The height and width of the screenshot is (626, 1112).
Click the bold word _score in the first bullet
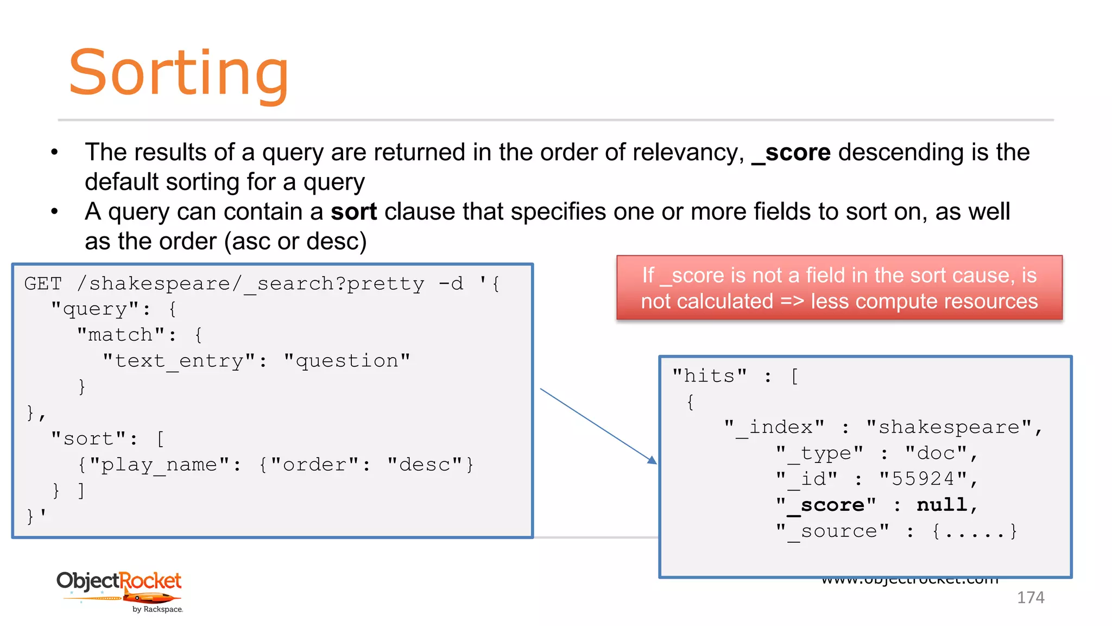(x=791, y=153)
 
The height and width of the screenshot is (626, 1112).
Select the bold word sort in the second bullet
(x=353, y=212)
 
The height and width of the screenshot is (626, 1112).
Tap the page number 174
(x=1030, y=597)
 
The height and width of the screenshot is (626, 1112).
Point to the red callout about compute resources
(x=839, y=288)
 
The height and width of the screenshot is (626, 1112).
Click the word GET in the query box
(x=43, y=284)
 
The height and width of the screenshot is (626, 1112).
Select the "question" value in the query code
(x=347, y=361)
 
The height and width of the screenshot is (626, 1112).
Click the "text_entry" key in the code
(x=179, y=361)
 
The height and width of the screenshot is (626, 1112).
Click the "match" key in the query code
(x=121, y=335)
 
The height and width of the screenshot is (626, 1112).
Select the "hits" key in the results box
(x=709, y=376)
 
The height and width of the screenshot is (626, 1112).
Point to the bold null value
(x=942, y=505)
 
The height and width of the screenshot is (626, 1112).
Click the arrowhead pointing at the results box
(x=652, y=460)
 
